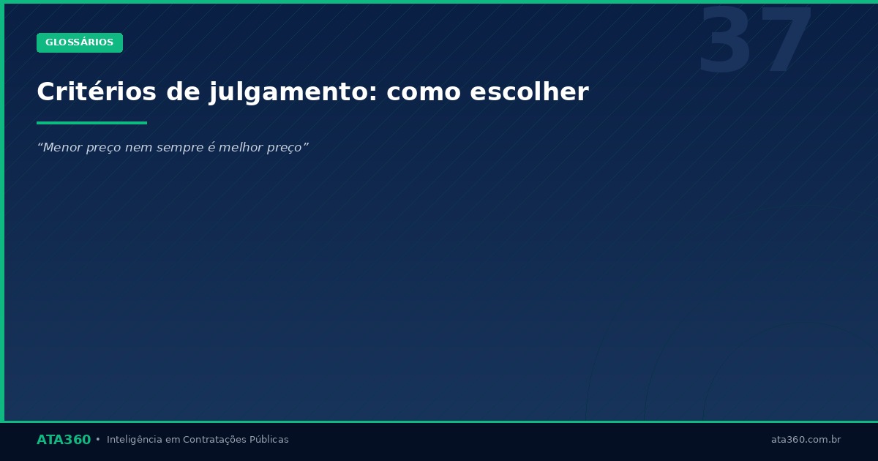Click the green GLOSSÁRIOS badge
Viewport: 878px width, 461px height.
pyautogui.click(x=80, y=42)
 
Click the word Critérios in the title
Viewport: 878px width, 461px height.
pyautogui.click(x=97, y=92)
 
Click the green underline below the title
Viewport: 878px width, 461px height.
pyautogui.click(x=91, y=123)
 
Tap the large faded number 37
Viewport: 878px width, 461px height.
pyautogui.click(x=755, y=42)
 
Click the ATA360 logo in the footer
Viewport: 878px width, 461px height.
pyautogui.click(x=64, y=440)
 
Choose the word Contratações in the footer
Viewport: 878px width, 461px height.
pyautogui.click(x=214, y=440)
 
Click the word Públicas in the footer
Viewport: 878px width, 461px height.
pyautogui.click(x=269, y=440)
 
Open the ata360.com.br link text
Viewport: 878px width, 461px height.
pyautogui.click(x=806, y=440)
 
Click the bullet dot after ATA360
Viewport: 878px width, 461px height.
pyautogui.click(x=98, y=440)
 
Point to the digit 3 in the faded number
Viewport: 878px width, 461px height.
pyautogui.click(x=724, y=42)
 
